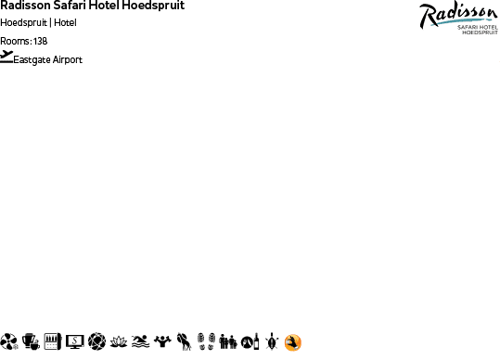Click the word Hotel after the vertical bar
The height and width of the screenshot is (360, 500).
tap(65, 23)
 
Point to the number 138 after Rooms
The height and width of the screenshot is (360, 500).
tap(40, 42)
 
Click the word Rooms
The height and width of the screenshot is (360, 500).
tap(15, 42)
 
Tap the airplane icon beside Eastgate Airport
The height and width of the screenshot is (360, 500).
tap(7, 57)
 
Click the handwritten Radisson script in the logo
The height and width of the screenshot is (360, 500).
tap(456, 13)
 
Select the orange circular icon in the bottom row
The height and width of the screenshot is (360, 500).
tap(293, 342)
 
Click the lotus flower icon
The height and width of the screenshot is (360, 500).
tap(119, 342)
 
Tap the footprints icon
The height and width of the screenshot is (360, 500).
tap(206, 342)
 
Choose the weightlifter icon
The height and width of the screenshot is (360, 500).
tap(163, 342)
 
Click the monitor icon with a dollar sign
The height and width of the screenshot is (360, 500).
tap(75, 342)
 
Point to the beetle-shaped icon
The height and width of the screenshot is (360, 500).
tap(271, 342)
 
